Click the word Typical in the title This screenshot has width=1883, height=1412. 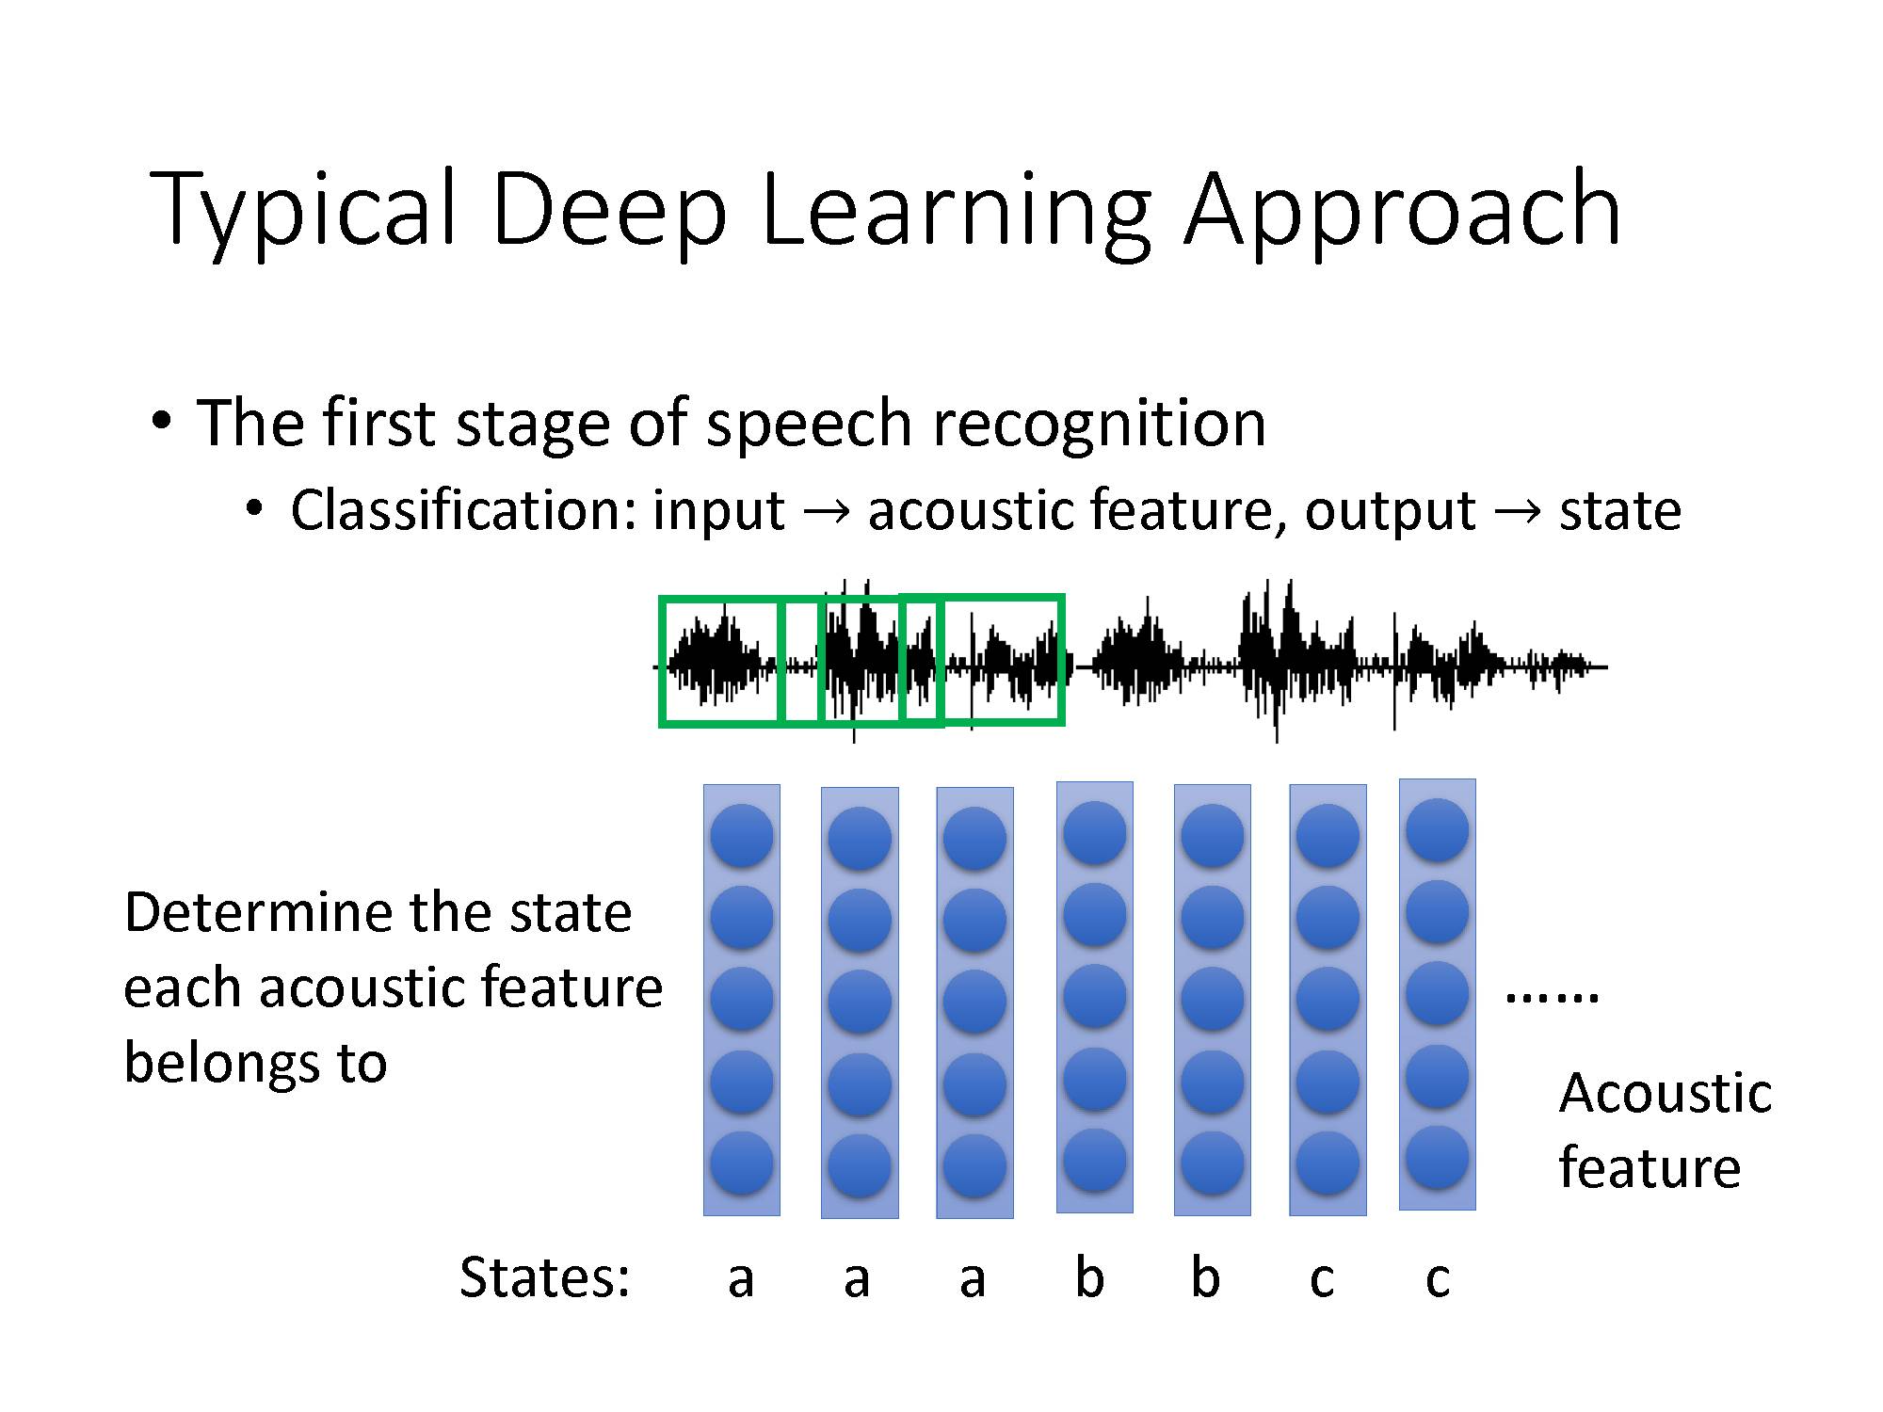coord(303,209)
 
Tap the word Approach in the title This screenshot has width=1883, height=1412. coord(1402,209)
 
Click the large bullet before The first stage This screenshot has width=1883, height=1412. coord(161,421)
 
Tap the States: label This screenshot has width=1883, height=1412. coord(544,1277)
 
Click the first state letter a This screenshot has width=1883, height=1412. coord(741,1278)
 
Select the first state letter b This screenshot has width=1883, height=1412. coord(1089,1277)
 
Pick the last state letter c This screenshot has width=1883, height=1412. coord(1437,1278)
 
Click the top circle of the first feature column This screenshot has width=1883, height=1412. coord(742,836)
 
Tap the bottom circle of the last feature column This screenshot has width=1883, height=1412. coord(1437,1158)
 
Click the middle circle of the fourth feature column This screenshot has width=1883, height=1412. coord(1094,996)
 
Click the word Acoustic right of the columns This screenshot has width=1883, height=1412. coord(1665,1093)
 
